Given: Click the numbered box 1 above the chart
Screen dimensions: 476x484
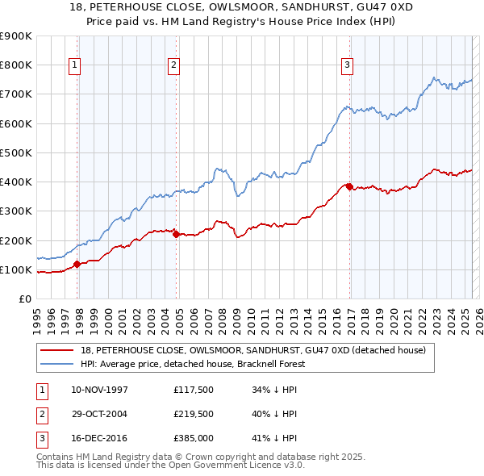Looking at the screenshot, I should pyautogui.click(x=74, y=65).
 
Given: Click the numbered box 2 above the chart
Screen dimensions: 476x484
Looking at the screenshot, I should pyautogui.click(x=173, y=65).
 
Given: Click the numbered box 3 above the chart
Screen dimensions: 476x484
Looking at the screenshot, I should pyautogui.click(x=347, y=65).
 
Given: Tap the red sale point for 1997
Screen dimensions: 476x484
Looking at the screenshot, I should pyautogui.click(x=77, y=264).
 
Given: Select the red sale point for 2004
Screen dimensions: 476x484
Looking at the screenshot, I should pyautogui.click(x=177, y=234).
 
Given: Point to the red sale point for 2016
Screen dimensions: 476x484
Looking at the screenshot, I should pyautogui.click(x=349, y=186).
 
